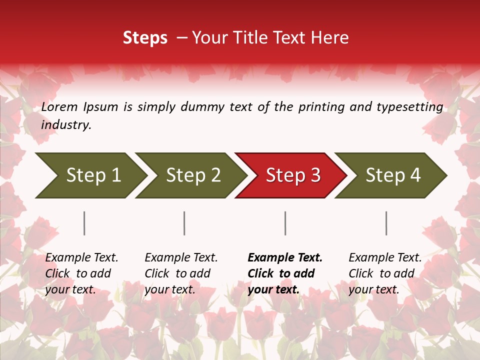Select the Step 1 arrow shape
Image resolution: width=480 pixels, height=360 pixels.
pos(90,175)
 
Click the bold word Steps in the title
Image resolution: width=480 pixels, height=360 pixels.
pos(145,38)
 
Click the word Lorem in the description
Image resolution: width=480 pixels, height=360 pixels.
pos(59,106)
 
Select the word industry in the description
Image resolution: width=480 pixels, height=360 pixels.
pos(65,125)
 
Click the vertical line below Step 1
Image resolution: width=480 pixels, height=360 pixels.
pos(84,223)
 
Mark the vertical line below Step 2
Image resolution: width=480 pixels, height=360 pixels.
pos(184,223)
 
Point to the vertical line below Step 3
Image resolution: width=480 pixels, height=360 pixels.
pos(285,223)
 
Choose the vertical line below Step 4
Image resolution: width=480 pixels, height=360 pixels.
pos(386,223)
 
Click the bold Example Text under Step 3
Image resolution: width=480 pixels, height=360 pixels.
pos(285,258)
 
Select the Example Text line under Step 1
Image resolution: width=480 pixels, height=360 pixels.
pos(81,258)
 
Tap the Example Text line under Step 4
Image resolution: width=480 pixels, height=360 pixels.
pos(385,258)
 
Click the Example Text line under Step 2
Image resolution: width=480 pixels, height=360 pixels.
pos(181,258)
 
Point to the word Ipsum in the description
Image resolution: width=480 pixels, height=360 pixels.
pos(101,107)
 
